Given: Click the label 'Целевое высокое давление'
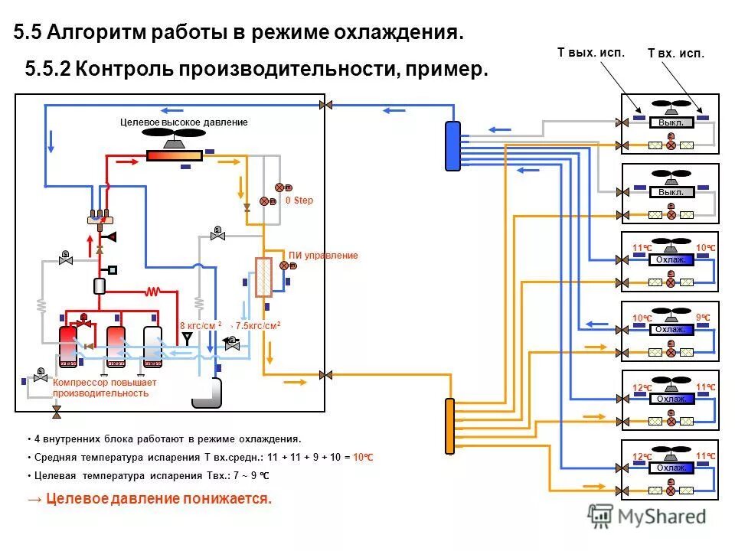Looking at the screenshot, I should pos(184,122).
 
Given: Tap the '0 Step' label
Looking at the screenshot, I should pos(299,201).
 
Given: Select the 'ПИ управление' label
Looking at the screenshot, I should pos(322,256).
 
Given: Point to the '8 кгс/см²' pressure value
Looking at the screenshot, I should pos(200,325).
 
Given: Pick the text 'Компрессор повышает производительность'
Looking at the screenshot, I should pos(104,387).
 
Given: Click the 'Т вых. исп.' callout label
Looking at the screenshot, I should pos(590,53).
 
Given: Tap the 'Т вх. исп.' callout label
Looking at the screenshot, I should pos(675,54).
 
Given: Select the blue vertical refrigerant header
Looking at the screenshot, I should pos(452,145).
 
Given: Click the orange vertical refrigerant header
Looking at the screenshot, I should pos(450,426).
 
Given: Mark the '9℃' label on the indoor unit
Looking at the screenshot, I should pos(703,317).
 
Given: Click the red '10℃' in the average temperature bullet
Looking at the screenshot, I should pos(363,457).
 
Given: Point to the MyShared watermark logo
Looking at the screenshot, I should pos(647,517).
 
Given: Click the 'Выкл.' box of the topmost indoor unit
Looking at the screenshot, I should pos(671,122).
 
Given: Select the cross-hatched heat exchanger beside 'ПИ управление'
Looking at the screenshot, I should pos(264,277).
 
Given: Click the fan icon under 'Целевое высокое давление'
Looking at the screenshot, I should pos(175,139).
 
